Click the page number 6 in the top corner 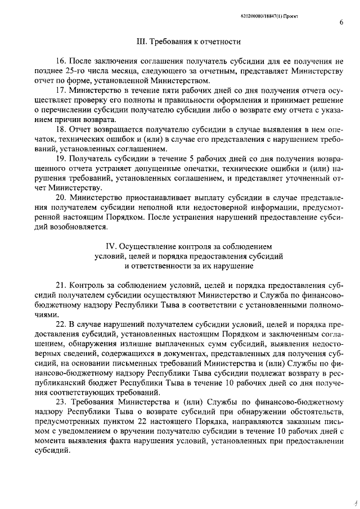pyautogui.click(x=341, y=22)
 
